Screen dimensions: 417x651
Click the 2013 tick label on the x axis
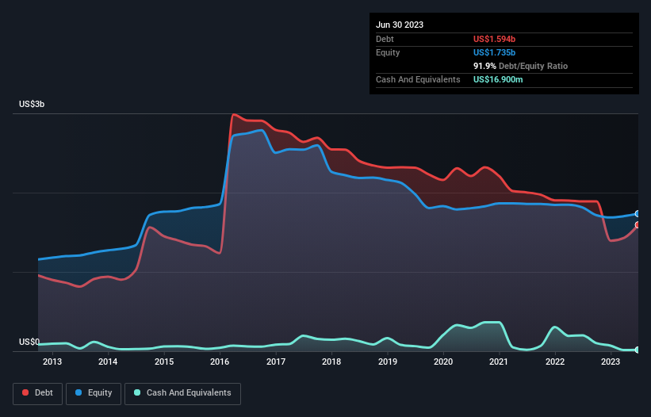pos(52,362)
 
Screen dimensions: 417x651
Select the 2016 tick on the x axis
pos(220,362)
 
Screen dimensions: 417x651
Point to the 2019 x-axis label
pos(387,362)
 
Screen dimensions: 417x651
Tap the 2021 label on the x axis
pos(499,362)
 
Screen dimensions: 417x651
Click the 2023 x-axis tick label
pos(611,362)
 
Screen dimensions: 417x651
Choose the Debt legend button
pos(39,393)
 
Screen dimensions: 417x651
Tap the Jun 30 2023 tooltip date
pos(400,25)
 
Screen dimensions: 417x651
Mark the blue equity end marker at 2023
pos(638,214)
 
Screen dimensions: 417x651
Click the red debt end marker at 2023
pos(638,225)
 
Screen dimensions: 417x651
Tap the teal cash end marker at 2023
pos(638,350)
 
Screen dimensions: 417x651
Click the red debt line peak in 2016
pos(234,115)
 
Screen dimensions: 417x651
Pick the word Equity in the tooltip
pos(389,52)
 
